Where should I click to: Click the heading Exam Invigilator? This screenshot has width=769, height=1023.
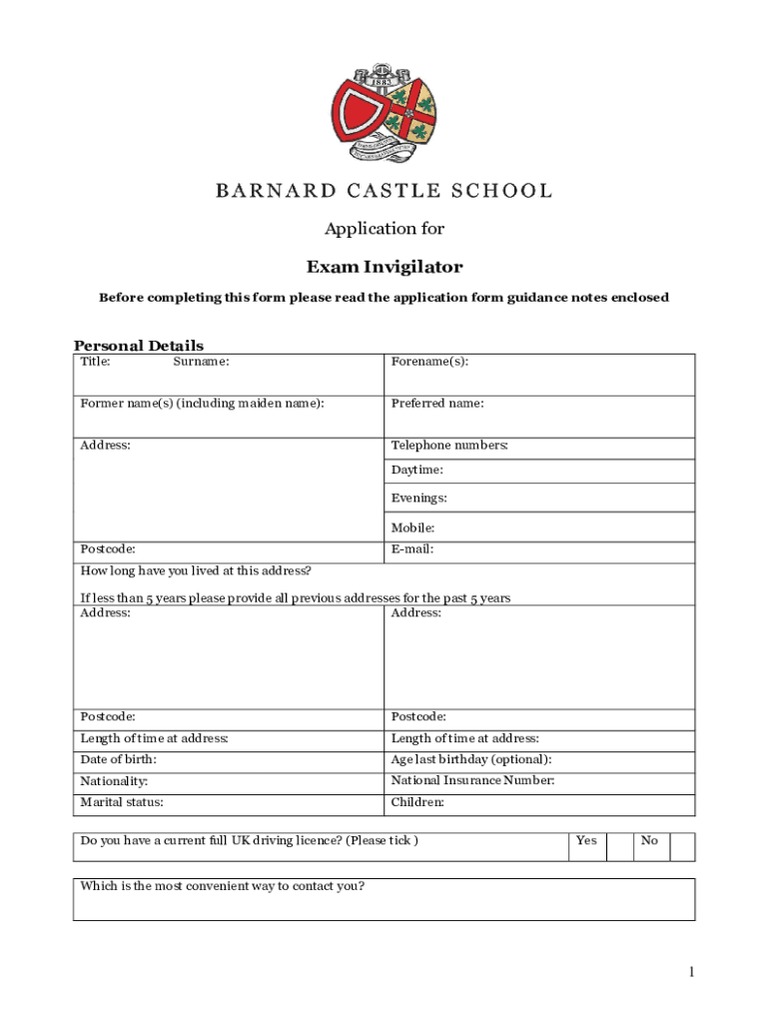pos(384,267)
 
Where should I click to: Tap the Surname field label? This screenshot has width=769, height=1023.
pos(201,362)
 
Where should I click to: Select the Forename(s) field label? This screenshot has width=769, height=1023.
pos(429,362)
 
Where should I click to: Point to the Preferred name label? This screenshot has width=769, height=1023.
pos(437,404)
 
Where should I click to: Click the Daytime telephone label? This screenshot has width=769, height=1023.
pos(417,470)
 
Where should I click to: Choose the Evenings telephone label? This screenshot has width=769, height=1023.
pos(419,498)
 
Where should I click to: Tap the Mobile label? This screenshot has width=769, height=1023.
pos(412,527)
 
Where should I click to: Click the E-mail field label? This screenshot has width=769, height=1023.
pos(412,548)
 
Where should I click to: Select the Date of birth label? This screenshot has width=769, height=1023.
pos(118,759)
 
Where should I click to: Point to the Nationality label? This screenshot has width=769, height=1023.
pos(114,780)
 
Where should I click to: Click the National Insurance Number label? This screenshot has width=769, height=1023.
pos(472,780)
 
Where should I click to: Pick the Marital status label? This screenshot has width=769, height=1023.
pos(122,802)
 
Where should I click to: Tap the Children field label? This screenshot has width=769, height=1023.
pos(417,802)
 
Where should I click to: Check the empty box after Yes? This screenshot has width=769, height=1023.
pos(619,846)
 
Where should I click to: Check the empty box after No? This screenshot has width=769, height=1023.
pos(682,846)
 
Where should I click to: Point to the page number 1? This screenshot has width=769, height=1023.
pos(690,972)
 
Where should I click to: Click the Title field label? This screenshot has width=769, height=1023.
pos(95,362)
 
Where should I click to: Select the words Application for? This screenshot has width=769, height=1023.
pos(384,229)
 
